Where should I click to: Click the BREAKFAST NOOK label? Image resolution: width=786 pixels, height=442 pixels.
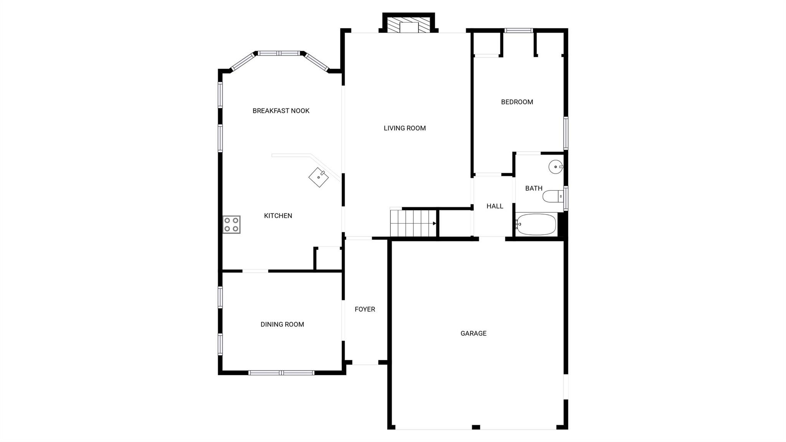click(x=281, y=111)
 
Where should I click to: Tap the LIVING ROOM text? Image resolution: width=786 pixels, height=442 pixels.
click(x=405, y=128)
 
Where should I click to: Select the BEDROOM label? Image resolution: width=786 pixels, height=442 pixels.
click(x=517, y=102)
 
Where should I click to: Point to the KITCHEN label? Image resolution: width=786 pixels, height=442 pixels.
click(x=278, y=216)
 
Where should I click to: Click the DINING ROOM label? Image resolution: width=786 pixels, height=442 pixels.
click(x=282, y=324)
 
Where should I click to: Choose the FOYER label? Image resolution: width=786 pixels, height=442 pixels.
click(x=365, y=309)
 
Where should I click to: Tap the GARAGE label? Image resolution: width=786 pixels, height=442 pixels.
click(x=473, y=333)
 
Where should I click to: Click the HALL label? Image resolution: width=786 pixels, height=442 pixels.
click(x=495, y=206)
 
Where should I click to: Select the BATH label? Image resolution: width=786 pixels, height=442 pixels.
click(x=533, y=188)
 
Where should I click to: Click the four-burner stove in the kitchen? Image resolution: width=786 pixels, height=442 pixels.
click(x=231, y=225)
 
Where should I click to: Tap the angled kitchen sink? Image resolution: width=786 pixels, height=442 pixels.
click(x=319, y=177)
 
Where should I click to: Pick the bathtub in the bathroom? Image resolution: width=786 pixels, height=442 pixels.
click(x=536, y=225)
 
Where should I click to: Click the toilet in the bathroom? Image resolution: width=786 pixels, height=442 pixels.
click(x=552, y=197)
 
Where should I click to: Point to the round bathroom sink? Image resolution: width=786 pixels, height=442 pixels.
click(x=555, y=167)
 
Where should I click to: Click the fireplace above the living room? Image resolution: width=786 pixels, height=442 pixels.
click(x=408, y=25)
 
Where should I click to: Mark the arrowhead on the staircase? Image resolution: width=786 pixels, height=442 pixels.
click(x=434, y=223)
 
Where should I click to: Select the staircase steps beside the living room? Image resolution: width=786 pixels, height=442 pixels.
click(x=413, y=224)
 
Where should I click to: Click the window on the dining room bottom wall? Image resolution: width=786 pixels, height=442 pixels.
click(x=281, y=372)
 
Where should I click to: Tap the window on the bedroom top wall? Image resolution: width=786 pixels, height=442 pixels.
click(x=518, y=31)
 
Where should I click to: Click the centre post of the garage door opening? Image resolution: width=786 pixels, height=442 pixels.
click(x=476, y=427)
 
